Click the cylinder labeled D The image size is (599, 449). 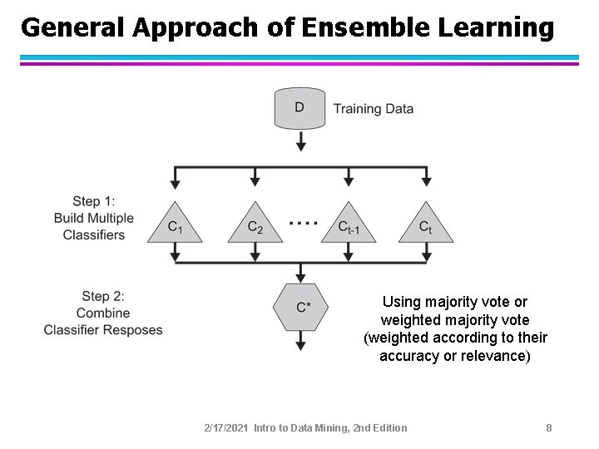[300, 108]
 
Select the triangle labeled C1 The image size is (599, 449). [175, 225]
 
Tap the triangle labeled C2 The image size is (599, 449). [255, 225]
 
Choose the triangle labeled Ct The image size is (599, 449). [426, 225]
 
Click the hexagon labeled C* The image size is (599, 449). [301, 307]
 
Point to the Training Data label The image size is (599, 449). [374, 108]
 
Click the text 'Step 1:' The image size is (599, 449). [94, 201]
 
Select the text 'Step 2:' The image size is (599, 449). [103, 296]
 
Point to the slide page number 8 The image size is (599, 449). [549, 427]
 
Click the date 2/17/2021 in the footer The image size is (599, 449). [226, 427]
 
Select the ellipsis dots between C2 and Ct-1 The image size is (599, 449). [303, 223]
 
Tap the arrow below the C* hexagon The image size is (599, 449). [301, 343]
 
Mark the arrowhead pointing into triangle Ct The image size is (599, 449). [426, 180]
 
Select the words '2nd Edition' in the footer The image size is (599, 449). [380, 427]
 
